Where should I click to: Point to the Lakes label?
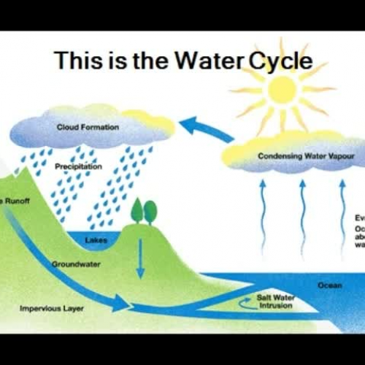pos(96,239)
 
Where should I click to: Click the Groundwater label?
pos(76,264)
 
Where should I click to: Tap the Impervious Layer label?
pos(52,309)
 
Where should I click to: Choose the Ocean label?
pos(329,285)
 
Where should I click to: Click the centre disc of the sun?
pos(281,88)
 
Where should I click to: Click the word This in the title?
pos(80,61)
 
